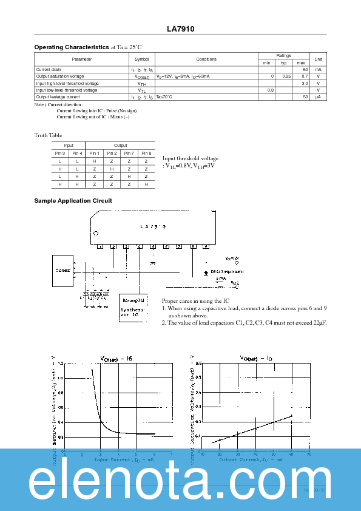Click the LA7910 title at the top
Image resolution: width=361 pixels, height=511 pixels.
point(180,29)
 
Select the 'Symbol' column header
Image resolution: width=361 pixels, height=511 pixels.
point(141,59)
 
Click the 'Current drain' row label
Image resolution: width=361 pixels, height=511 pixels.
point(49,70)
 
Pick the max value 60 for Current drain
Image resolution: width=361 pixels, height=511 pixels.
point(305,70)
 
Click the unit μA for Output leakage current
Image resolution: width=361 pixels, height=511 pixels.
point(318,97)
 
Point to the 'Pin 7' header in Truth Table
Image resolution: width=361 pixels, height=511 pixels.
point(129,154)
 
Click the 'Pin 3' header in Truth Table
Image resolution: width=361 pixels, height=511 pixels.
point(59,154)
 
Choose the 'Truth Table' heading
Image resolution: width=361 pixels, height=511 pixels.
point(48,135)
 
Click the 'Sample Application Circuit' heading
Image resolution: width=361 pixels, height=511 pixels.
point(73,200)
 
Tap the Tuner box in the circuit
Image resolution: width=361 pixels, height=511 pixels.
point(62,271)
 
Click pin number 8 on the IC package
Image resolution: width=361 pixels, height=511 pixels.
point(193,246)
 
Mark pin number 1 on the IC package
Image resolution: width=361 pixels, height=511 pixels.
point(100,246)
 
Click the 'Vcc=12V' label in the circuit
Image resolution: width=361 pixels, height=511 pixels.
point(232,258)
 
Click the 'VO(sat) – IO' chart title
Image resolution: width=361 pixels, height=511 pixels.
point(255,359)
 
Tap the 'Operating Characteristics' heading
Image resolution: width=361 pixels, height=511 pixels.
point(72,47)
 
